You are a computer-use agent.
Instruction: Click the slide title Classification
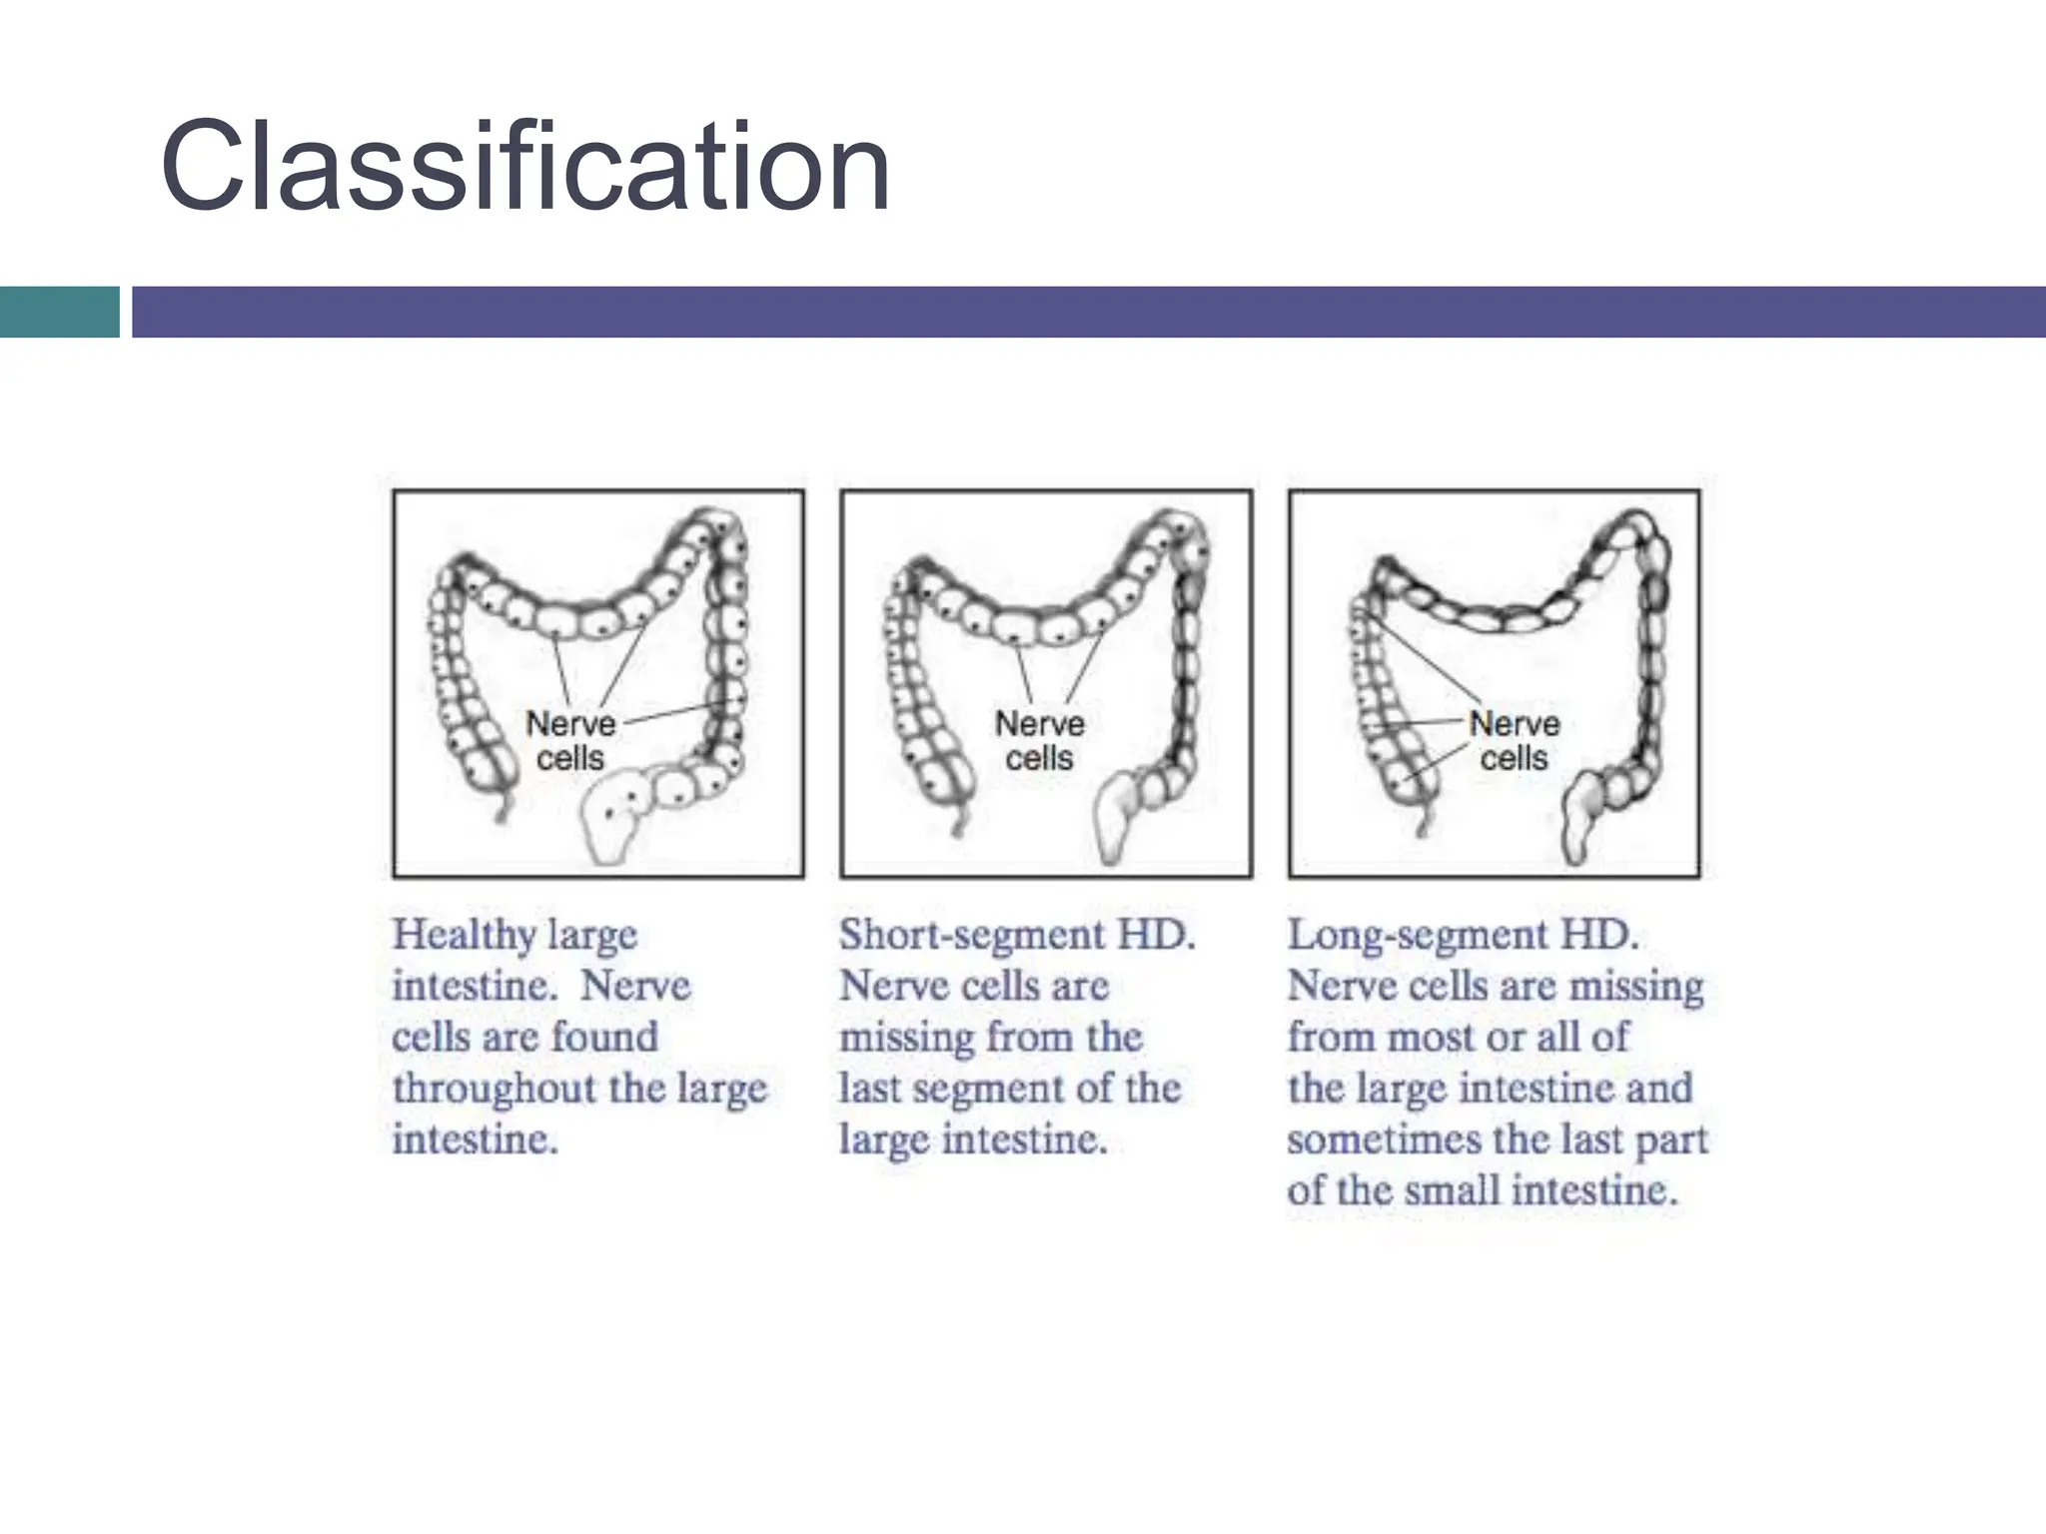524,168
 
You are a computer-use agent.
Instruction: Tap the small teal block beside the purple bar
59,312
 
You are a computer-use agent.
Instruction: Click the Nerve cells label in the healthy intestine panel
570,740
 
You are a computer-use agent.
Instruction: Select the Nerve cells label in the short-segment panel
1039,740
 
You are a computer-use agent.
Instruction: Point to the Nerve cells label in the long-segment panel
1514,740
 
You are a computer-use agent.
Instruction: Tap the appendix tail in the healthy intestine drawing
504,807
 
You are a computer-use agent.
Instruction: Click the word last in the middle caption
869,1089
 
